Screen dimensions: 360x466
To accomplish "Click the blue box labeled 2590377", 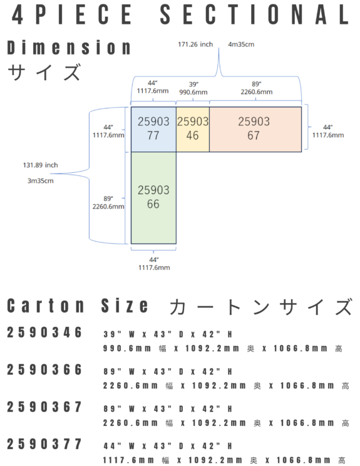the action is [x=153, y=129].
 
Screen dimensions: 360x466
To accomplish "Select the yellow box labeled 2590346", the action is [x=193, y=129].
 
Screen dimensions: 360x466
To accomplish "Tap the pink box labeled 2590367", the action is [x=255, y=129].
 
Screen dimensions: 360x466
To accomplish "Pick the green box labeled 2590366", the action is [x=153, y=198].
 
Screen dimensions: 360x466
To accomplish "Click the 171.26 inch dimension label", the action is [x=195, y=44].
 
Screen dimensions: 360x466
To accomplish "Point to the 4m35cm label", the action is [x=241, y=44].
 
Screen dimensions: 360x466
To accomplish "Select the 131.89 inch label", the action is [x=41, y=165].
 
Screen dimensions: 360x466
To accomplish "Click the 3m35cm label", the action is [x=41, y=180].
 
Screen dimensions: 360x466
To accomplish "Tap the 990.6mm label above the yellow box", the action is [x=193, y=92].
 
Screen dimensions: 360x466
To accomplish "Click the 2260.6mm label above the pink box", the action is [x=257, y=92].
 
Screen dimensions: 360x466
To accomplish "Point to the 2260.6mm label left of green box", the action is [x=108, y=206].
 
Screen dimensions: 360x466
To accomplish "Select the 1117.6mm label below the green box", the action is [x=154, y=267].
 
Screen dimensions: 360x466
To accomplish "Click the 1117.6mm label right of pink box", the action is [x=328, y=135].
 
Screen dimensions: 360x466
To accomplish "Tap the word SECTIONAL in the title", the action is [x=254, y=14].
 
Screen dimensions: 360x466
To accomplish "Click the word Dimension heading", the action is [x=69, y=48].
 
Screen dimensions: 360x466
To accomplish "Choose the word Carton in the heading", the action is [x=46, y=306].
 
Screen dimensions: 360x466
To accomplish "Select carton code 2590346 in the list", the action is [x=44, y=332].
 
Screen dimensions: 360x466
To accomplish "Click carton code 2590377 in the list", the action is [x=44, y=444].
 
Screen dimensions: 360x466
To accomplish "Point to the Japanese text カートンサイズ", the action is [x=261, y=307].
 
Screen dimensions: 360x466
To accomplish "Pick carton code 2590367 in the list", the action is [x=44, y=407].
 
